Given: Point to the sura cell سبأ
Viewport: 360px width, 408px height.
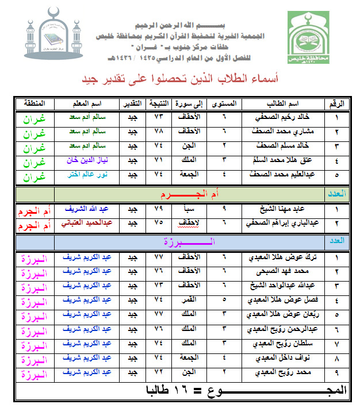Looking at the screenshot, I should click(x=188, y=209).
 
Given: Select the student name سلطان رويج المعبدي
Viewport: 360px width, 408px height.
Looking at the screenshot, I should click(x=286, y=343).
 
